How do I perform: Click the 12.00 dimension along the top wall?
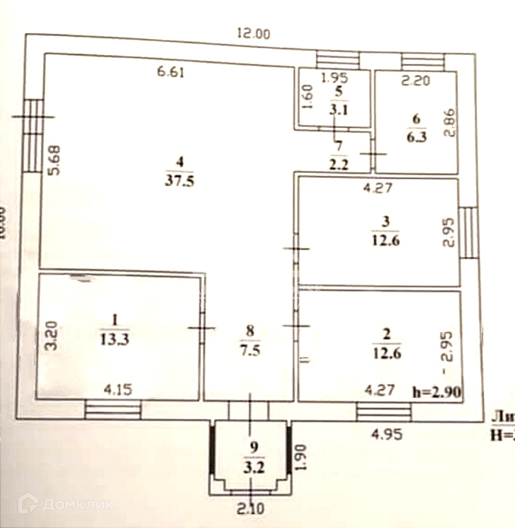pos(254,34)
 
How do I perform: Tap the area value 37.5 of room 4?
pos(179,181)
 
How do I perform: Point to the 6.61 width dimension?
pos(170,73)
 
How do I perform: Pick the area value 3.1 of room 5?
pos(339,111)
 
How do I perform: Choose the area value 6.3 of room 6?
pos(417,137)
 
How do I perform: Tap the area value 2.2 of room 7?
pos(339,165)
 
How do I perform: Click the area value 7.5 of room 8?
pos(250,351)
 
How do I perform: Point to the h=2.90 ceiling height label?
pos(437,392)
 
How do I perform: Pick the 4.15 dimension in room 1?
pos(118,390)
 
